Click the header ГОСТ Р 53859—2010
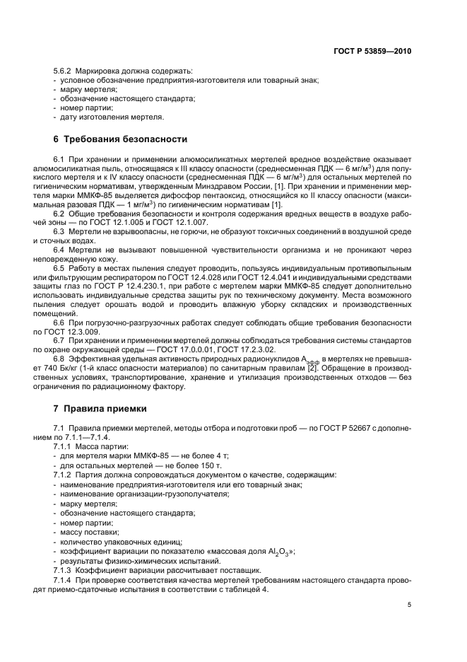[373, 51]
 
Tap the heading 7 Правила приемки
[100, 408]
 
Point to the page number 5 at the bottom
[409, 605]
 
